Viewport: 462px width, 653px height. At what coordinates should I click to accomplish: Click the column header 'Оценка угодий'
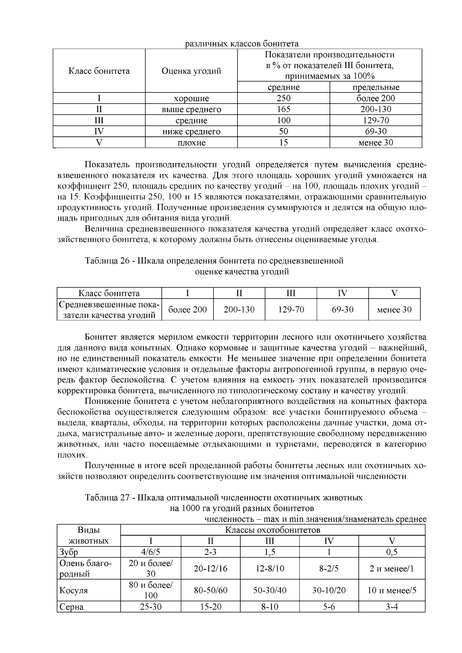click(191, 71)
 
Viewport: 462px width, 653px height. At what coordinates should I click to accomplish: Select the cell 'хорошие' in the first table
click(191, 99)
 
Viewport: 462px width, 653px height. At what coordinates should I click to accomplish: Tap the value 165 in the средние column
click(283, 109)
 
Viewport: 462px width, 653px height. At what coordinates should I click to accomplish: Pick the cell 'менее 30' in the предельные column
click(376, 143)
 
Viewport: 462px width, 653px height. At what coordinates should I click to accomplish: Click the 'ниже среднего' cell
click(191, 132)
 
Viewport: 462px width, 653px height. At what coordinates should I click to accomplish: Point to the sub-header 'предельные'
click(376, 87)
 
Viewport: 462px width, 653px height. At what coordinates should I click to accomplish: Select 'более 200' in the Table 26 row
click(187, 309)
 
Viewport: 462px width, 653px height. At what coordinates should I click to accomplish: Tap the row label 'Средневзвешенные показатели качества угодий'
click(109, 310)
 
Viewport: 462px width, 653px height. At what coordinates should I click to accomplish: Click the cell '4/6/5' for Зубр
click(151, 552)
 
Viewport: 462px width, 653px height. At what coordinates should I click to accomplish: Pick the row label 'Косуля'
click(74, 590)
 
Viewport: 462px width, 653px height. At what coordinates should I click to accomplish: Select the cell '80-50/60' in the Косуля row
click(211, 590)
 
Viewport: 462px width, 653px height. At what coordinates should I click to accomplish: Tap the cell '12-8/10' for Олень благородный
click(270, 569)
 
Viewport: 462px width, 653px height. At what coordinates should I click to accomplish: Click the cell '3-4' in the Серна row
click(392, 607)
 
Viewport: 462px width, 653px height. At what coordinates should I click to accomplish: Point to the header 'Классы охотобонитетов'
click(273, 530)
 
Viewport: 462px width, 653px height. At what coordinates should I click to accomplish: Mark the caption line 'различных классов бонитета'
click(242, 43)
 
